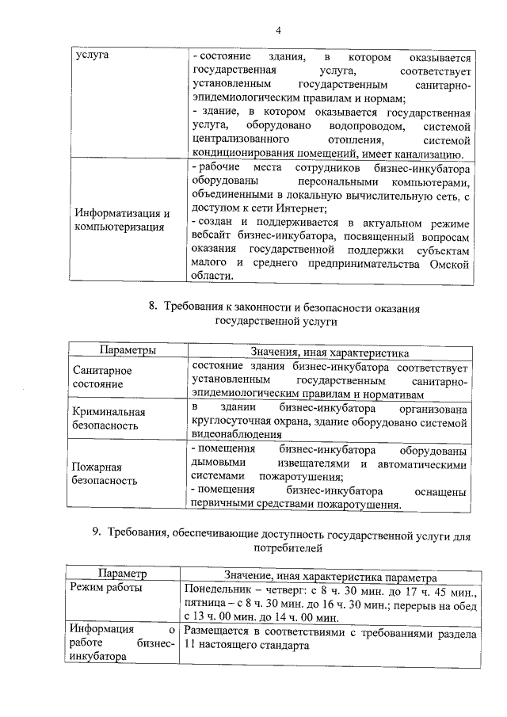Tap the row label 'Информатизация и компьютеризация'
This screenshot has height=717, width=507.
[x=122, y=220]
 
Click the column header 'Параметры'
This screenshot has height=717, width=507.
[x=127, y=350]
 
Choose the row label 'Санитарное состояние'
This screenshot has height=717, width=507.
[x=101, y=376]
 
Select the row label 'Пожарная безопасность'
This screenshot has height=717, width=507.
[x=104, y=472]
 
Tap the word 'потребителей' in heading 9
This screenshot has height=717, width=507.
[x=287, y=547]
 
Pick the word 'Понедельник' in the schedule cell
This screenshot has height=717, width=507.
[x=219, y=590]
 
